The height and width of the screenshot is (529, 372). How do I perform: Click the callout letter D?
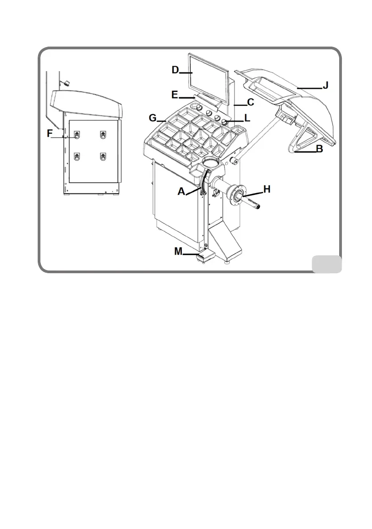tap(175, 70)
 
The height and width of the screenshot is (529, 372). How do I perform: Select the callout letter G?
tap(153, 119)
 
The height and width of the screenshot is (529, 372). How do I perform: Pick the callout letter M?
tap(178, 251)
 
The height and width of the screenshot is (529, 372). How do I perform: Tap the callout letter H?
tap(266, 189)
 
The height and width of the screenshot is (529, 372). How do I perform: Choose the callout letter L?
tap(247, 119)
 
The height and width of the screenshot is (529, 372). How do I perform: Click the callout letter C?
tap(250, 103)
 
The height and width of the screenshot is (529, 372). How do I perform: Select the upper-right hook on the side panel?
tap(104, 134)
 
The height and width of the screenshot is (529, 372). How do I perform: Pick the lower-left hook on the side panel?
tap(77, 156)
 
